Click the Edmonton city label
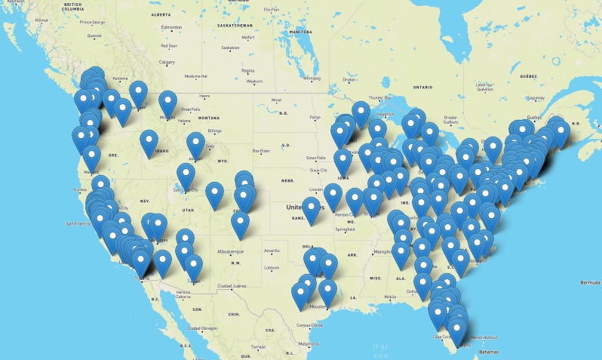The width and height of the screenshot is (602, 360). tap(171, 28)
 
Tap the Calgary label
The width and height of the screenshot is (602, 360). tap(167, 62)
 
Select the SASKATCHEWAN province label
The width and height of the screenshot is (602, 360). tap(235, 24)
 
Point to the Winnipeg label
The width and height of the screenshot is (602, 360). tap(312, 78)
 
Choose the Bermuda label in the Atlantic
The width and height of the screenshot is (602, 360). tap(587, 282)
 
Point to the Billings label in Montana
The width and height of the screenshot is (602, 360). tap(193, 130)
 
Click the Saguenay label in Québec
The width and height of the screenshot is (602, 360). tap(536, 97)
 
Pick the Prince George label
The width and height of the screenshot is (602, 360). tap(93, 22)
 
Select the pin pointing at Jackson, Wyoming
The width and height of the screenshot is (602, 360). tap(196, 143)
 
